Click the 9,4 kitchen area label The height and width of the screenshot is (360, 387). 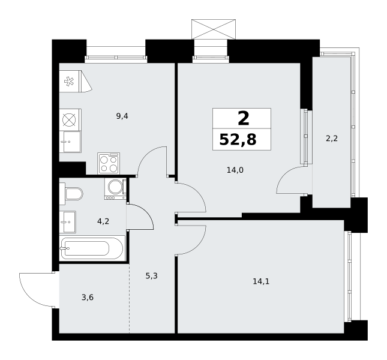pyautogui.click(x=122, y=116)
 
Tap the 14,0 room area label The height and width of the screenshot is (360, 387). pyautogui.click(x=235, y=170)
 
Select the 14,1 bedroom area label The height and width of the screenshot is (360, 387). pyautogui.click(x=261, y=281)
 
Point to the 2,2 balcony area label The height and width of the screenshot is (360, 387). pyautogui.click(x=332, y=139)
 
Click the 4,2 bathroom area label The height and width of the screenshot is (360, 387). pyautogui.click(x=103, y=221)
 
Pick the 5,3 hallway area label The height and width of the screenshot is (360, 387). pyautogui.click(x=152, y=275)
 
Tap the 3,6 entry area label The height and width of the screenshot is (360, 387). pyautogui.click(x=88, y=298)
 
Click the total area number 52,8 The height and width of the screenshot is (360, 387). pyautogui.click(x=238, y=139)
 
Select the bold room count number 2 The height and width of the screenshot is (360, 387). pyautogui.click(x=244, y=118)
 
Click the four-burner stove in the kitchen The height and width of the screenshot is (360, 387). pyautogui.click(x=109, y=163)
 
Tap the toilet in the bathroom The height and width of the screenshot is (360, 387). pyautogui.click(x=71, y=194)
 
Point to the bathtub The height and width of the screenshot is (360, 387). pyautogui.click(x=92, y=248)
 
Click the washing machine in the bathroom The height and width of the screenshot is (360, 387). pyautogui.click(x=115, y=189)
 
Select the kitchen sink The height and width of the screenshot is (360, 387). pyautogui.click(x=70, y=142)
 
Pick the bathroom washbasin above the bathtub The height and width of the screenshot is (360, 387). pyautogui.click(x=68, y=222)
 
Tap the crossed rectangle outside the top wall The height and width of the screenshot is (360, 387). pyautogui.click(x=214, y=29)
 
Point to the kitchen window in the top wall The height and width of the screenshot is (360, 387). pyautogui.click(x=116, y=58)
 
